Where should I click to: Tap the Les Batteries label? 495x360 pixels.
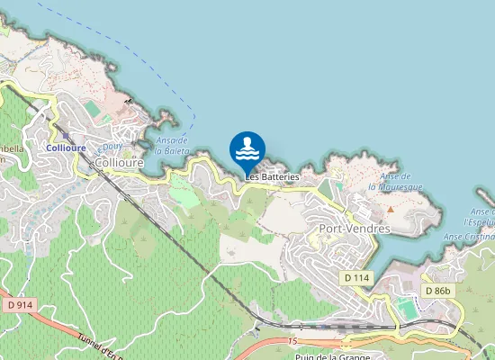(272, 177)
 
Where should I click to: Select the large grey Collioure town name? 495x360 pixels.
(118, 163)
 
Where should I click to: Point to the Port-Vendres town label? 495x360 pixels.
(355, 229)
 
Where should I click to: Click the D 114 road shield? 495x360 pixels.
(357, 279)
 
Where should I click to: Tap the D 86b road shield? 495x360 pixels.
(438, 291)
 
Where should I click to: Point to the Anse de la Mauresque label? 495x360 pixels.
(396, 182)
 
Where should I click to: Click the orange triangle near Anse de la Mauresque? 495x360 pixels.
(391, 210)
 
